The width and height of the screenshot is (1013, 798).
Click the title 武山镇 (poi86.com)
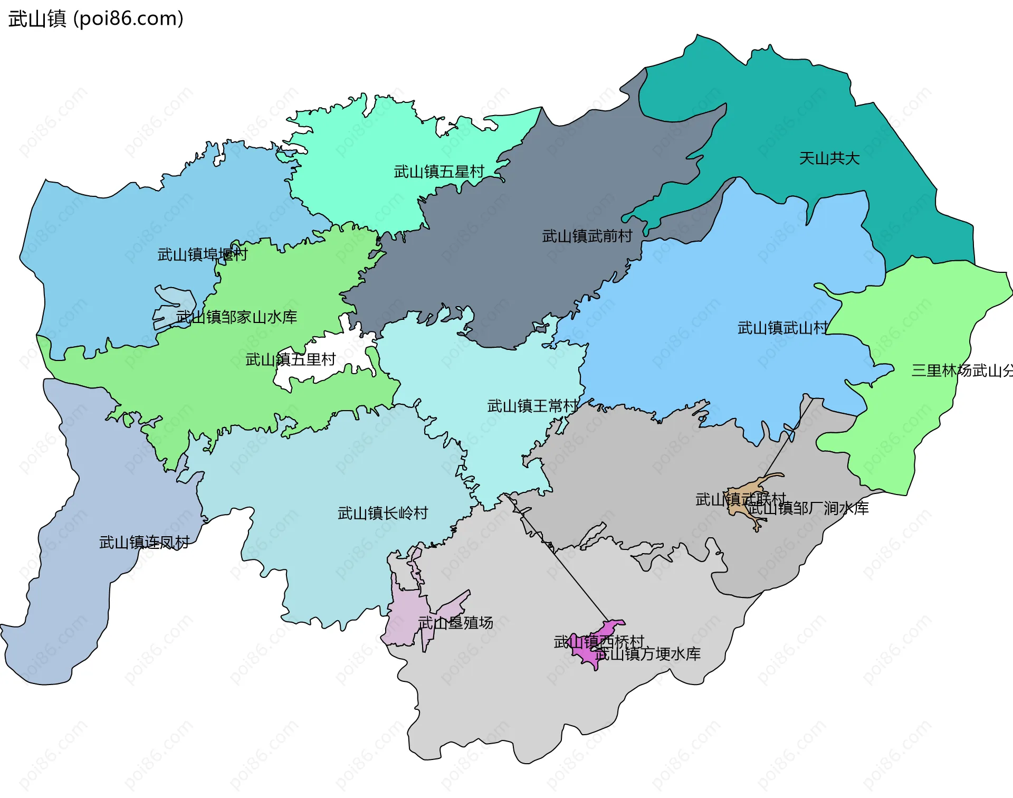click(x=96, y=18)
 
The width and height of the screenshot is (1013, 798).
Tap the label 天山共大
click(x=829, y=158)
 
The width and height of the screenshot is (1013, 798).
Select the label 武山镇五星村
click(x=438, y=172)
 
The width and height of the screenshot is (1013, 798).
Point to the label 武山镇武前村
click(x=587, y=236)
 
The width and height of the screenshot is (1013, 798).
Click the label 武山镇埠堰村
click(x=202, y=254)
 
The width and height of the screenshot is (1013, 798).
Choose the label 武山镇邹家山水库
click(x=236, y=317)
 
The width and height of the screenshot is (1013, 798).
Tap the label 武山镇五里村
click(x=290, y=359)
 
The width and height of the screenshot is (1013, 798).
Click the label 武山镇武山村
click(x=782, y=328)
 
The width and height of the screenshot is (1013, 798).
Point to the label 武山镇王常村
click(x=532, y=406)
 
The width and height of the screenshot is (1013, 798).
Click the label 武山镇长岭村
click(x=383, y=513)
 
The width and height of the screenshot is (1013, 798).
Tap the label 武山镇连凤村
click(x=144, y=542)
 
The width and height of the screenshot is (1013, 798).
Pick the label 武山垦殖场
click(x=455, y=623)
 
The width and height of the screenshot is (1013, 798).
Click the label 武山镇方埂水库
click(x=648, y=654)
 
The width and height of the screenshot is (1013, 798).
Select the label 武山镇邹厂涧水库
click(x=808, y=508)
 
